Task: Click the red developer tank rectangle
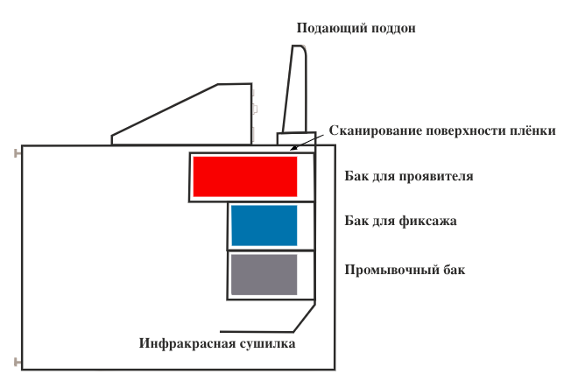(245, 177)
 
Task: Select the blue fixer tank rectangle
(264, 225)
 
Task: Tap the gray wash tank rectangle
(264, 274)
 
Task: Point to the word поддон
(393, 28)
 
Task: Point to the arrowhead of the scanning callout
(293, 148)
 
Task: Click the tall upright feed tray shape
(295, 88)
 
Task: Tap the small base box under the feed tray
(296, 138)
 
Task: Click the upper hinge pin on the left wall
(18, 153)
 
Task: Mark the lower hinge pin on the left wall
(18, 363)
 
